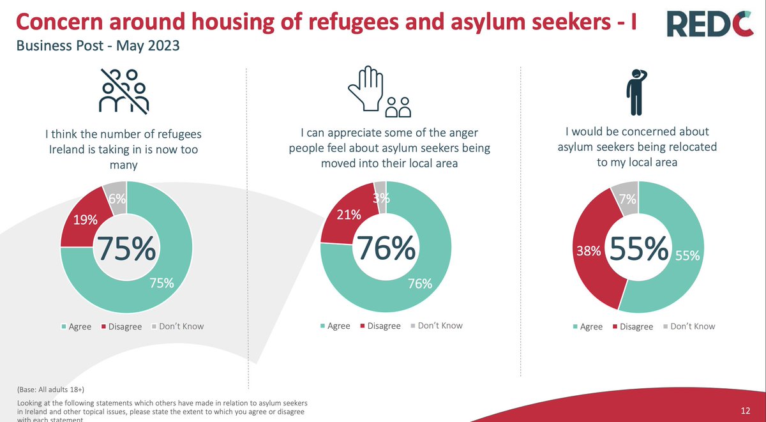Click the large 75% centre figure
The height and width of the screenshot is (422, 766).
pyautogui.click(x=125, y=249)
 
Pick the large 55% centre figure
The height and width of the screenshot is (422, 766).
pyautogui.click(x=639, y=250)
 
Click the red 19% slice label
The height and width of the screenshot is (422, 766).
pyautogui.click(x=85, y=220)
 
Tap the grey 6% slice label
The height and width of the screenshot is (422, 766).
pyautogui.click(x=117, y=199)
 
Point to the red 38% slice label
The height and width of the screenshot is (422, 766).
pyautogui.click(x=589, y=252)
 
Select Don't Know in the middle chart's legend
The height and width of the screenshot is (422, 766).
pyautogui.click(x=440, y=326)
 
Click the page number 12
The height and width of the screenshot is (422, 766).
pyautogui.click(x=746, y=410)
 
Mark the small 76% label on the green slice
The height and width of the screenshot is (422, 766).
pyautogui.click(x=420, y=284)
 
